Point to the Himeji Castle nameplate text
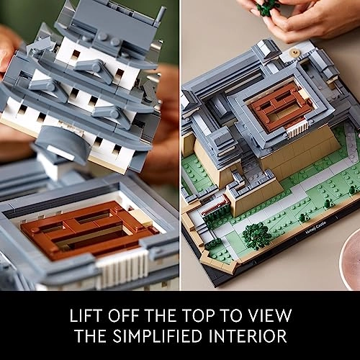click(x=316, y=228)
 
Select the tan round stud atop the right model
click(x=294, y=51)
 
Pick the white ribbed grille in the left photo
click(x=122, y=268)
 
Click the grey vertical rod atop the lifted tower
click(x=160, y=15)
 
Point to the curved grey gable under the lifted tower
click(x=62, y=142)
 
